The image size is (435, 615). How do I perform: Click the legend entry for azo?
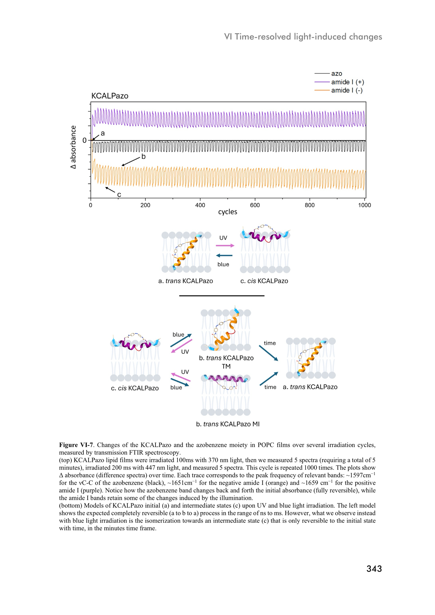point(337,73)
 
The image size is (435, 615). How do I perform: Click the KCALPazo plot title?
point(110,96)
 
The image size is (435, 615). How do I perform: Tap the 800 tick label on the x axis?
point(309,205)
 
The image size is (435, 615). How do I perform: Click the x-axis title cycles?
point(228,212)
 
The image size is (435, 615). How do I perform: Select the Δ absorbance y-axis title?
point(73,147)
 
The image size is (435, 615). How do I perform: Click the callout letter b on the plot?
point(143,157)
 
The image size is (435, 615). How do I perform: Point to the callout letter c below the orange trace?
point(119,195)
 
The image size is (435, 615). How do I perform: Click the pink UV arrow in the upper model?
point(225,245)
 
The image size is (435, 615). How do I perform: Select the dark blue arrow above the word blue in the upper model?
point(224,256)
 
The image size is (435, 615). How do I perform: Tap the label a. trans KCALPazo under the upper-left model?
point(186,281)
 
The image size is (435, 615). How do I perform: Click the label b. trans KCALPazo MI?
point(228,424)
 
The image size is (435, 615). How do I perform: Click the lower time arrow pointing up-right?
point(269,379)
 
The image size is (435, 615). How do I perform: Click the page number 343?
point(374,569)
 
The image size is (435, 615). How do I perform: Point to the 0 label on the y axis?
point(84,141)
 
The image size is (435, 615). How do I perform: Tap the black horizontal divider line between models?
point(222,296)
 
